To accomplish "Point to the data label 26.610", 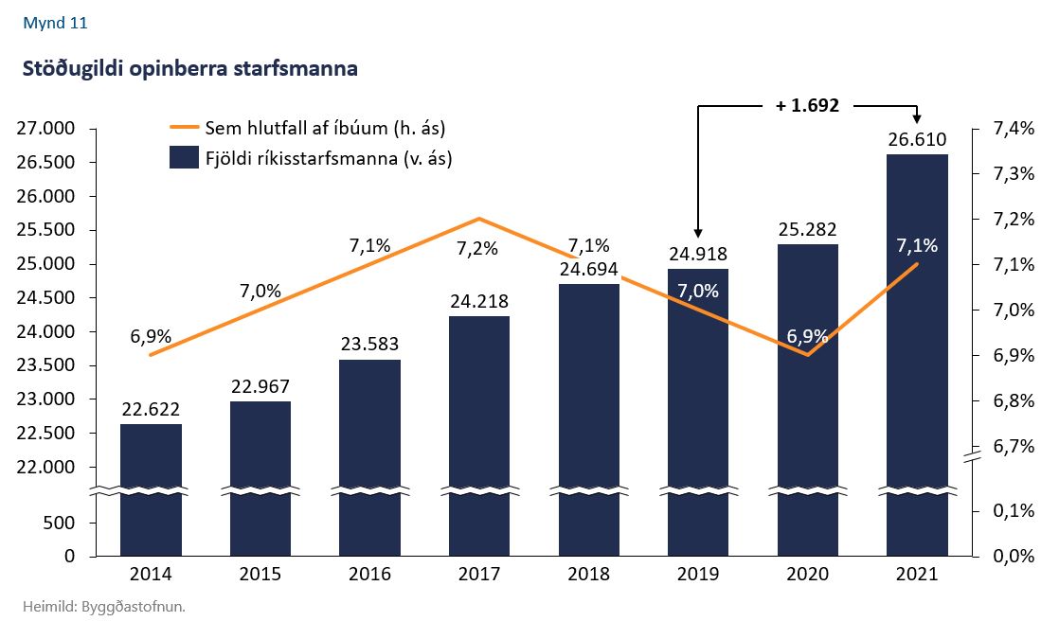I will point(917,141).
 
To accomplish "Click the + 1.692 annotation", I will point(807,106).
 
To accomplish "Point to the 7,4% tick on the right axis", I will point(1012,129).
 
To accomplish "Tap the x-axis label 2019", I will point(698,575).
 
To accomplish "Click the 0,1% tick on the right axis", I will point(1012,512).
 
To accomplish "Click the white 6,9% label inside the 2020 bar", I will point(807,336).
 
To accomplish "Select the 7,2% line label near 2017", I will point(476,249).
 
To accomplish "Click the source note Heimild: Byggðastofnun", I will point(104,607).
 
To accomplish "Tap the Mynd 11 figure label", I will point(55,24).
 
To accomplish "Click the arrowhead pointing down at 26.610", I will point(917,117).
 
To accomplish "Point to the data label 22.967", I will point(260,387).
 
